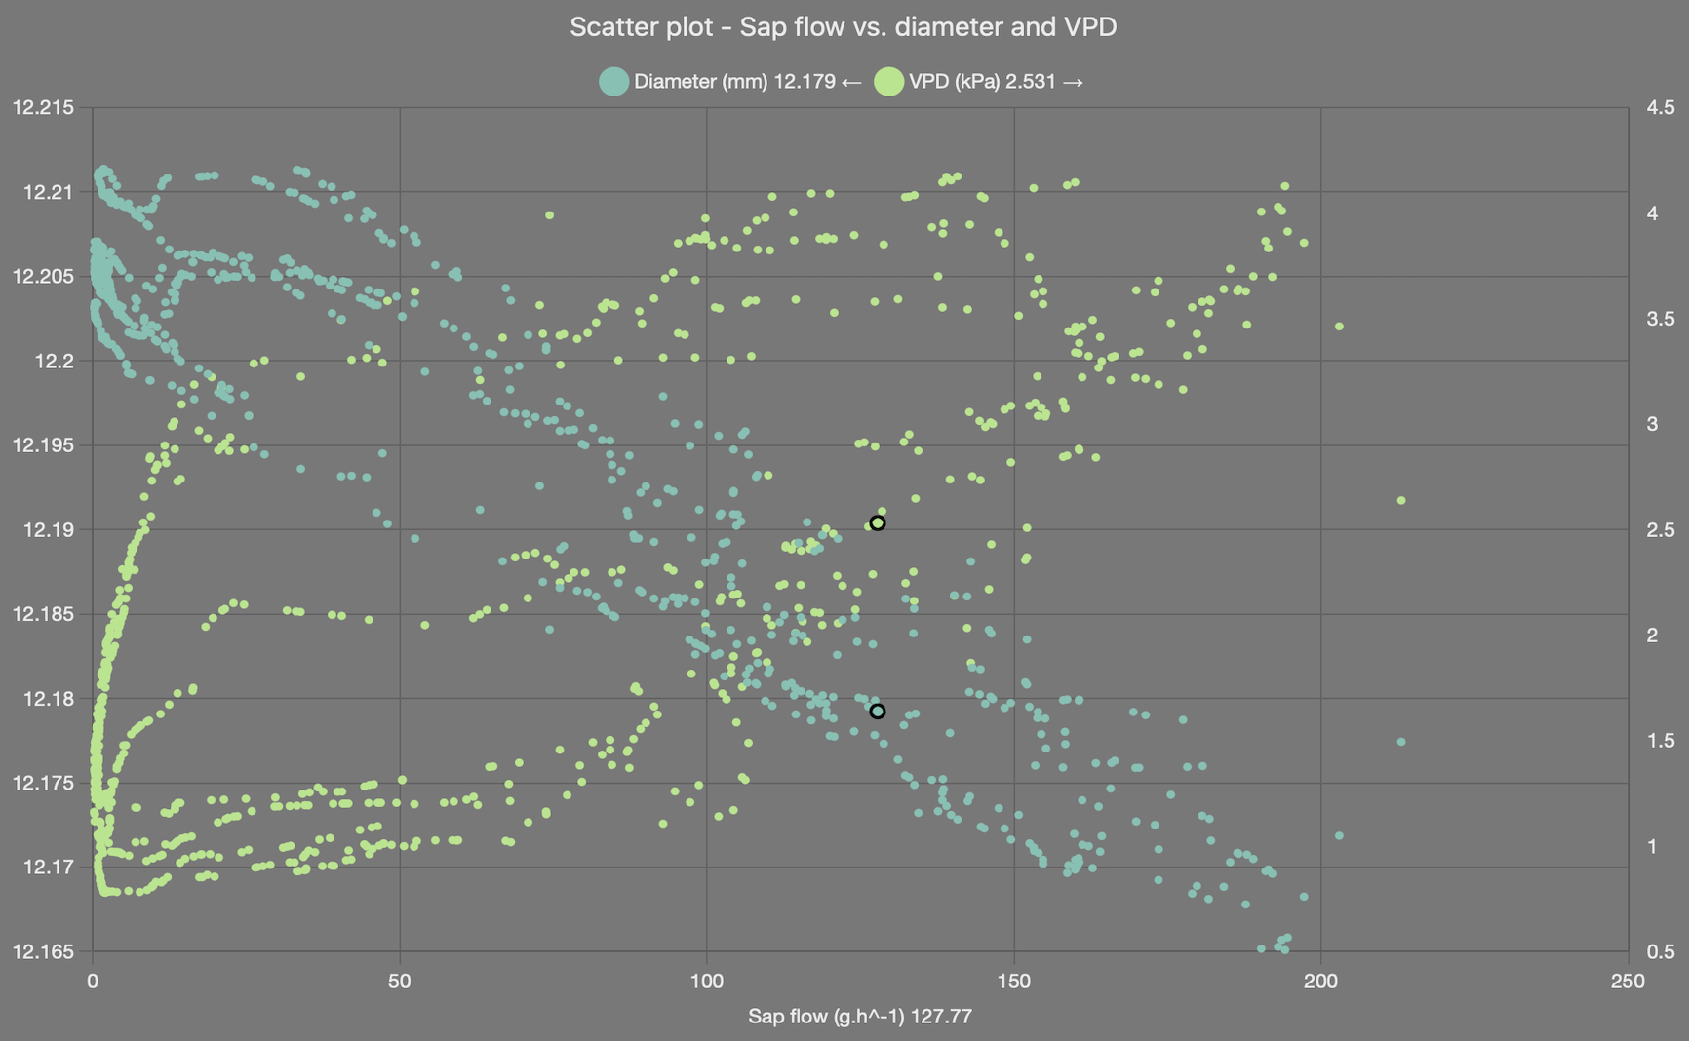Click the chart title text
[843, 27]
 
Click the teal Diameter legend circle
[613, 82]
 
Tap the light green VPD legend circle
[888, 82]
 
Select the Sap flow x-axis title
[859, 1016]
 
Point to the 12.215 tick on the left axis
[43, 107]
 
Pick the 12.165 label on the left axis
[43, 951]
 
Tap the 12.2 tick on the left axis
[54, 361]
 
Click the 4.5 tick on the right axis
[1660, 107]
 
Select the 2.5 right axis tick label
[1660, 529]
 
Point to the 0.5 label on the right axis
[1660, 951]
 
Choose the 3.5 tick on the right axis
[1660, 319]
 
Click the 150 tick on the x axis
[1014, 981]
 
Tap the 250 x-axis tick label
[1628, 981]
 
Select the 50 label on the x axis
[400, 981]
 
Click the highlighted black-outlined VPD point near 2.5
[877, 523]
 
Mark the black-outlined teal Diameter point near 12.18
[877, 712]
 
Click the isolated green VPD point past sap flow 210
[1401, 501]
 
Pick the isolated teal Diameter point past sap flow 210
[1401, 742]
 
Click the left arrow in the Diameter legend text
[850, 82]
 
